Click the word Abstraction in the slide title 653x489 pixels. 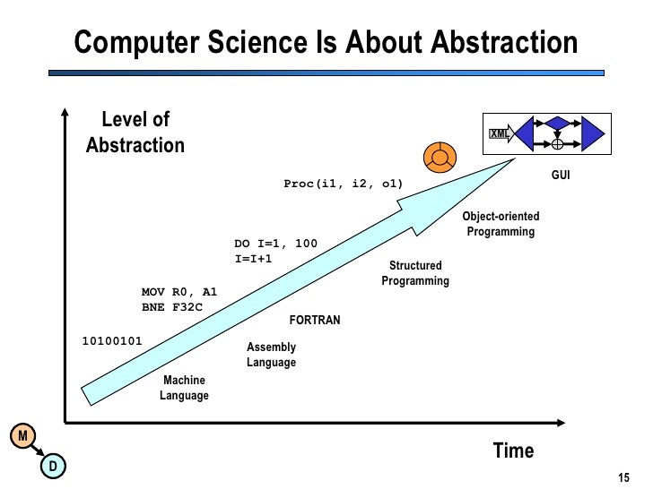point(505,43)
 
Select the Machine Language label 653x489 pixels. point(184,389)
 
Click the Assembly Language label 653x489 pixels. point(271,355)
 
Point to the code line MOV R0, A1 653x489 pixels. point(179,292)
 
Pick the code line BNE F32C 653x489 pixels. point(172,307)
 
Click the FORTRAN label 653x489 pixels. point(314,320)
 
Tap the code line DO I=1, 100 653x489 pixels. point(275,244)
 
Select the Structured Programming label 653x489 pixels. point(414,273)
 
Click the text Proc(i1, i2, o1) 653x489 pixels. point(344,184)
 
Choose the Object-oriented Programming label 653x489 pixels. point(501,225)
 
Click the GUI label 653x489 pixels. point(561,176)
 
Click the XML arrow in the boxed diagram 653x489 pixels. point(500,134)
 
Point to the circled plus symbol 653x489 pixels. point(557,143)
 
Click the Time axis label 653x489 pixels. point(513,450)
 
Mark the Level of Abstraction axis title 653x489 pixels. point(135,133)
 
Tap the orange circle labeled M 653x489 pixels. point(23,436)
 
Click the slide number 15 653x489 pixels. point(625,476)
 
